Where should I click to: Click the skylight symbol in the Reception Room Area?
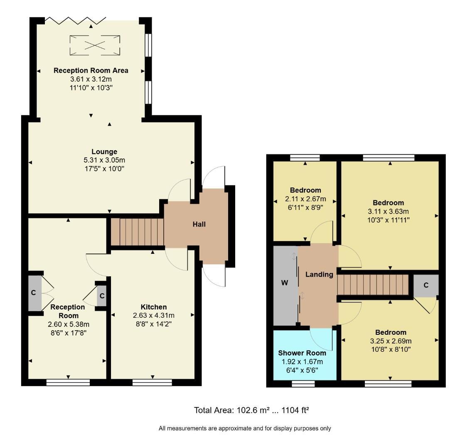pyautogui.click(x=95, y=45)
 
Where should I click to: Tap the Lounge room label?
pyautogui.click(x=104, y=152)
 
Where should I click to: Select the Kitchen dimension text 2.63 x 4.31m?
pyautogui.click(x=154, y=315)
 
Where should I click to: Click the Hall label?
pyautogui.click(x=199, y=224)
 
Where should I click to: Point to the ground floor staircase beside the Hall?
pyautogui.click(x=137, y=232)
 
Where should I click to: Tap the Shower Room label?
pyautogui.click(x=302, y=353)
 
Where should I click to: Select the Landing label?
pyautogui.click(x=319, y=274)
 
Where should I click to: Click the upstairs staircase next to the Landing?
pyautogui.click(x=373, y=285)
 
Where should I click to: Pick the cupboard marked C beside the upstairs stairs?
pyautogui.click(x=426, y=285)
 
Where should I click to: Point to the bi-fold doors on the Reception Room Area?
pyautogui.click(x=75, y=20)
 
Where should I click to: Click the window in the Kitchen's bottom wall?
pyautogui.click(x=152, y=382)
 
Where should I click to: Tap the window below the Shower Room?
pyautogui.click(x=303, y=384)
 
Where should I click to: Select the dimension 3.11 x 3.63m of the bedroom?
pyautogui.click(x=389, y=212)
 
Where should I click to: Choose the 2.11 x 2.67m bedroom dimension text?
pyautogui.click(x=305, y=199)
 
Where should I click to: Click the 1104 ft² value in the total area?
pyautogui.click(x=295, y=410)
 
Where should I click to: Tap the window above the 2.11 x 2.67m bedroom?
pyautogui.click(x=305, y=158)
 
